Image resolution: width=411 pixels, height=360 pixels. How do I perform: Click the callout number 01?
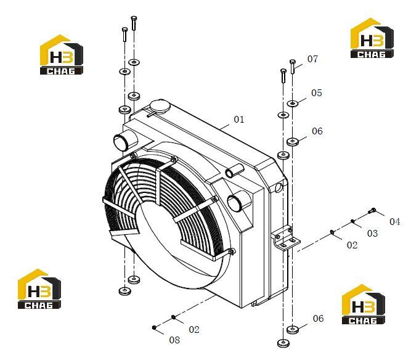[x=239, y=120]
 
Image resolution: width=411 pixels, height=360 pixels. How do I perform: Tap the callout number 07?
[x=312, y=59]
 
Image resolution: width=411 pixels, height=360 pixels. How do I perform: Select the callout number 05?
[x=316, y=93]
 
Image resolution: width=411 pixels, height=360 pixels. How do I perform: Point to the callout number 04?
[x=395, y=222]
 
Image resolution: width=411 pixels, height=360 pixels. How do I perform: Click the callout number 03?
[x=372, y=233]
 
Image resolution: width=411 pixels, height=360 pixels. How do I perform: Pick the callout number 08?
[x=174, y=340]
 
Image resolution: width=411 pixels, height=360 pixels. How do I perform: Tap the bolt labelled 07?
[x=293, y=67]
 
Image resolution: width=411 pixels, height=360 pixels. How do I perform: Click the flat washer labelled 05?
[x=293, y=104]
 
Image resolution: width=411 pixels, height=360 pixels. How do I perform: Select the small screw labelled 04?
[x=372, y=210]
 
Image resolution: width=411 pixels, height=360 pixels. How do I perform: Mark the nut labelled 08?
[x=154, y=327]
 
